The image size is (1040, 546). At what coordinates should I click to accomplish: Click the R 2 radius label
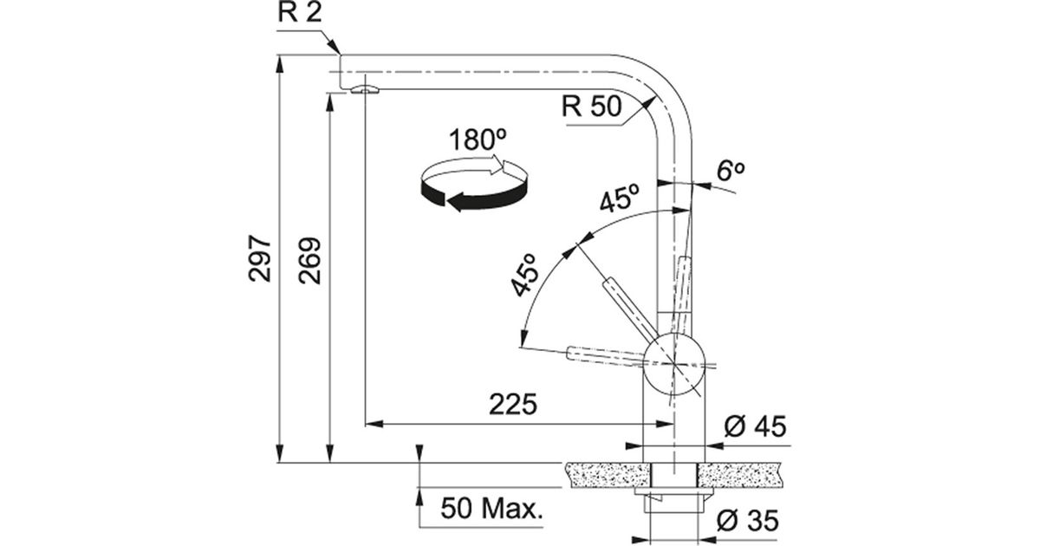tap(300, 12)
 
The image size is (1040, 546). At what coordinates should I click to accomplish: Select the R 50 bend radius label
tap(591, 106)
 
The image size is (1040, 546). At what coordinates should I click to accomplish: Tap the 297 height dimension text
tap(259, 258)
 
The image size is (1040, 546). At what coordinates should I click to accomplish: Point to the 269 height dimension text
tap(309, 261)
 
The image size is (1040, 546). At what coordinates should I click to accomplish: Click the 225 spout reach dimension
tap(513, 404)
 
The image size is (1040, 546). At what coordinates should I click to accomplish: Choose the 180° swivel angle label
tap(478, 140)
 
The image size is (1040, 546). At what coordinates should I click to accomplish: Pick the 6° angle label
tap(731, 171)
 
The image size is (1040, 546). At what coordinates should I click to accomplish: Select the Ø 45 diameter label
tap(756, 426)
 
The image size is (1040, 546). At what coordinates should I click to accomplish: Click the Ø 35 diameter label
tap(747, 520)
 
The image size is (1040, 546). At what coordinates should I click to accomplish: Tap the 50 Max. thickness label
tap(491, 509)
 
